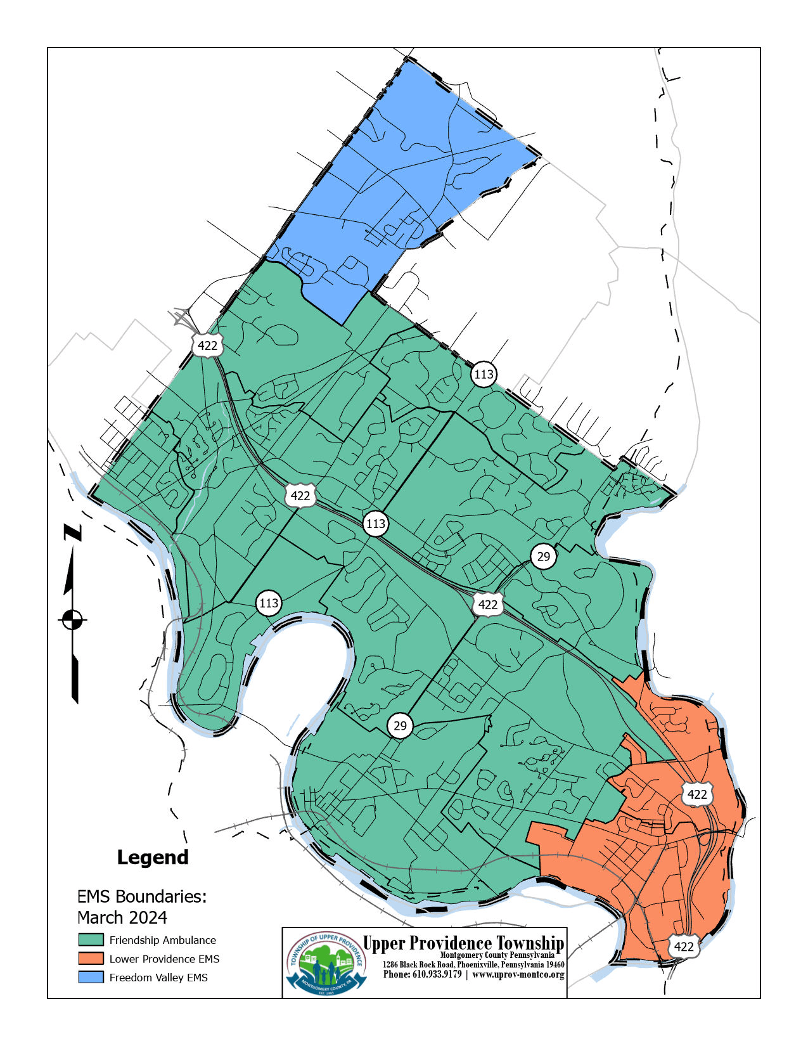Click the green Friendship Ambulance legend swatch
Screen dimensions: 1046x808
[91, 939]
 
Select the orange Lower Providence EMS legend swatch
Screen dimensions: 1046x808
[91, 958]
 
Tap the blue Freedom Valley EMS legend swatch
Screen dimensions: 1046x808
[91, 977]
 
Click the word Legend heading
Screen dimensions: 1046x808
[153, 857]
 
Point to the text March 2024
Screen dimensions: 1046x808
[122, 917]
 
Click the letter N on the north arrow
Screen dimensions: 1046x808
[73, 533]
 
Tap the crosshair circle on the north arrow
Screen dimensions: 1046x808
[73, 619]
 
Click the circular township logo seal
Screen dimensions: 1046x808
[325, 962]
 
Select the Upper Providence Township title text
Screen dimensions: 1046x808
[463, 943]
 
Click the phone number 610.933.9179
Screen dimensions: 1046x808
[422, 974]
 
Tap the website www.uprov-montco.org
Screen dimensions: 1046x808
[518, 974]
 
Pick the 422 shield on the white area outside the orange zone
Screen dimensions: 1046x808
[683, 946]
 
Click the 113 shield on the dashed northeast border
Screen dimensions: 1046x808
[484, 374]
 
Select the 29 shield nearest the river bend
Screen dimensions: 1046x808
[400, 725]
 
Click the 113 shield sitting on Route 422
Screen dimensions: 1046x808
[375, 524]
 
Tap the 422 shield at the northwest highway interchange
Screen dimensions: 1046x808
[207, 345]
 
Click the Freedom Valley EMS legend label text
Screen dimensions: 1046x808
[158, 978]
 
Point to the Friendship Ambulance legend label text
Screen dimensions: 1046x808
[162, 940]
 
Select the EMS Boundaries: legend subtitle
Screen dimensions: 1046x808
[141, 896]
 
